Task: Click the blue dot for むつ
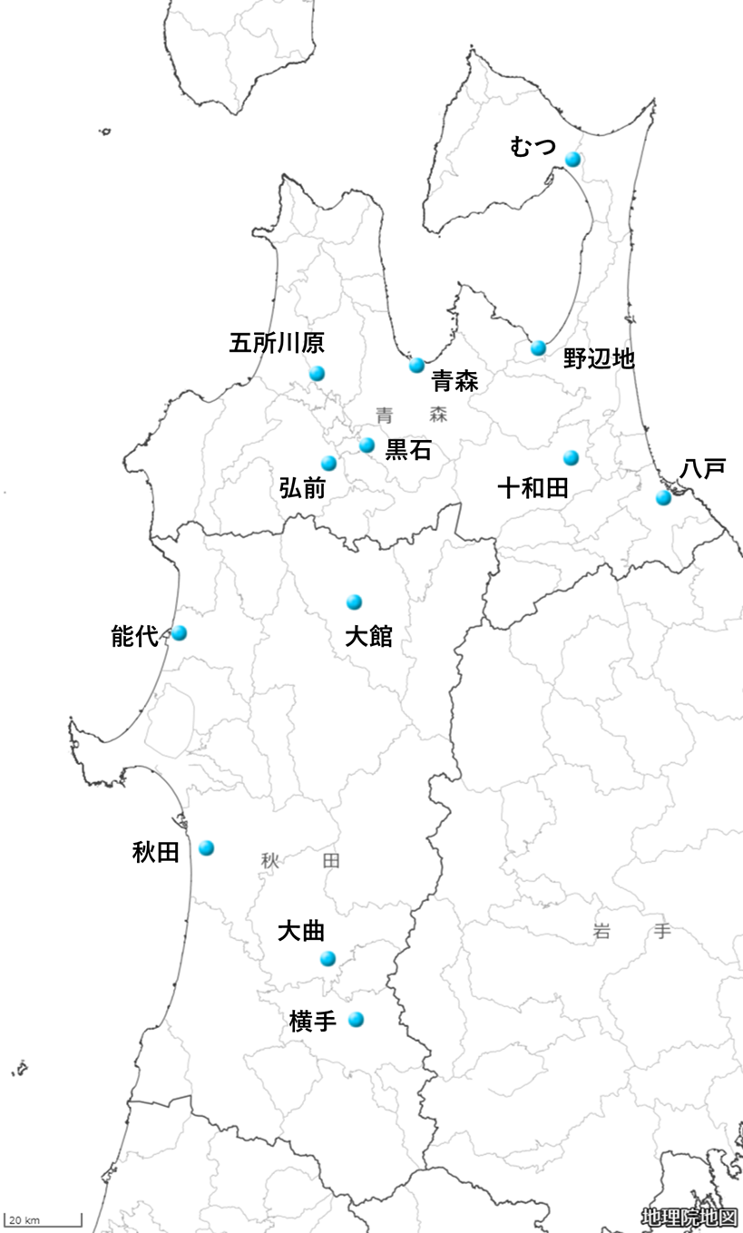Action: pos(572,160)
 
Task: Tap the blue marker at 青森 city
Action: pos(416,365)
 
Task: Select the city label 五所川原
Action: pos(277,343)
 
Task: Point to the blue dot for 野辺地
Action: pos(538,347)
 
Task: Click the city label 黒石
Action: pos(408,450)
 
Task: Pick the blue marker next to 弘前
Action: pos(328,464)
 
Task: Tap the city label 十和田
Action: pos(533,489)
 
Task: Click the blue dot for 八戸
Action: pos(663,497)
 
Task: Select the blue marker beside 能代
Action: pos(179,632)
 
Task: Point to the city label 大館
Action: pos(368,636)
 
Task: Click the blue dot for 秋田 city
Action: pos(206,847)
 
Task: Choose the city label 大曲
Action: pos(300,931)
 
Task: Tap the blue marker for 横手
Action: pos(356,1019)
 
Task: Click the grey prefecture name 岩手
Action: pos(631,931)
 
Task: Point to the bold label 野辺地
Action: pos(598,358)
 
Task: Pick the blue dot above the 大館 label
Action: pos(354,602)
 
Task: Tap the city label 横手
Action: pos(313,1022)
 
